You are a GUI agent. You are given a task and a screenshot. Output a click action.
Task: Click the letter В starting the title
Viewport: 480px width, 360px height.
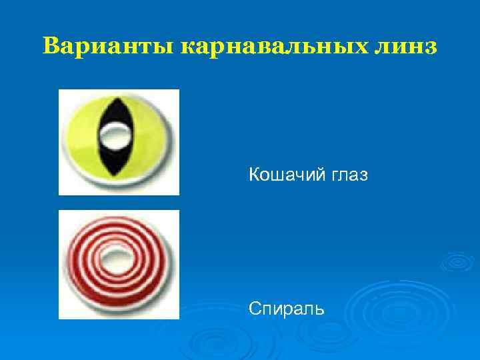click(50, 47)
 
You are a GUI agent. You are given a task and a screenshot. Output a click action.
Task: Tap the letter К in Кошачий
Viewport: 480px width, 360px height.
click(254, 176)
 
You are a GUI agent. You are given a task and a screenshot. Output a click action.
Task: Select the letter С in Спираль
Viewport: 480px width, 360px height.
click(254, 308)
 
